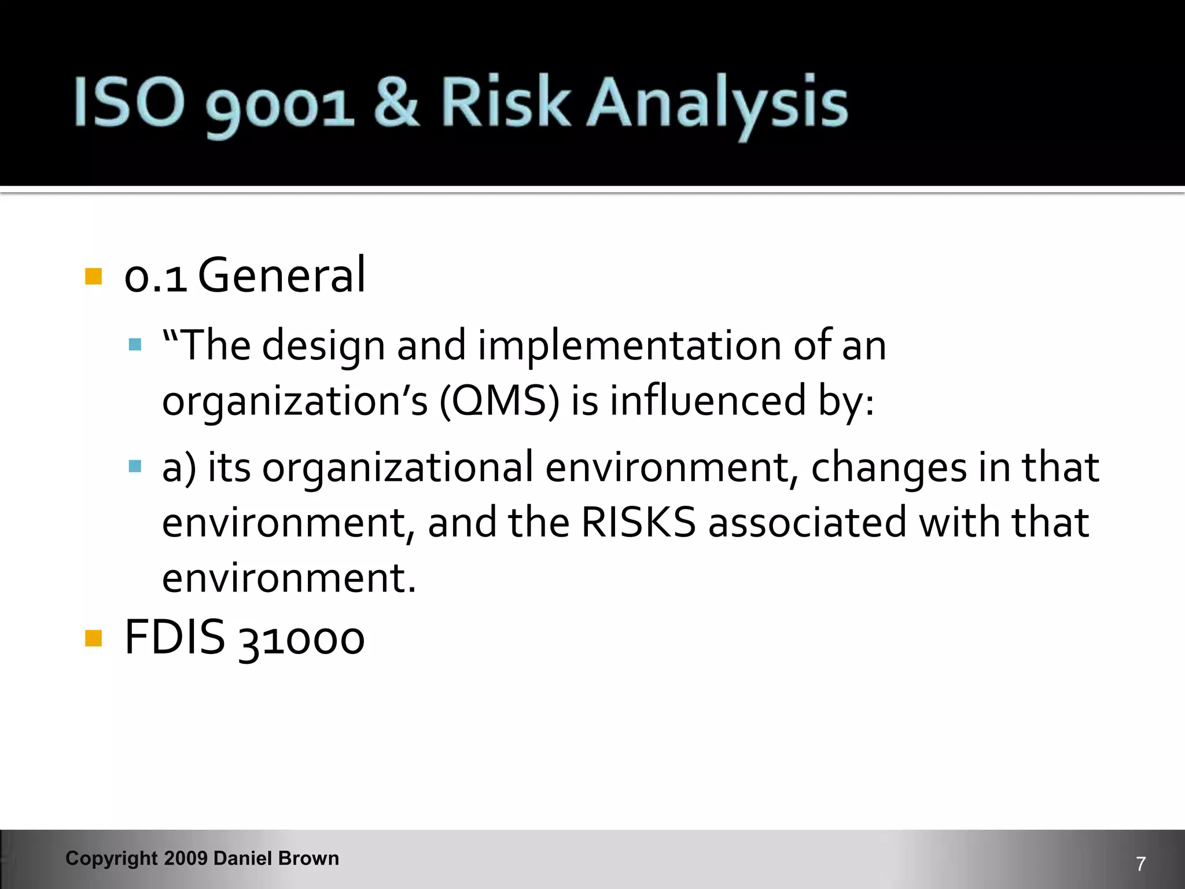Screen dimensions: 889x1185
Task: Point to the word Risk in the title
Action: [x=504, y=103]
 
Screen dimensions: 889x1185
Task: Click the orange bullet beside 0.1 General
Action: [x=93, y=276]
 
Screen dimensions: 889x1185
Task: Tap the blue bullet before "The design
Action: [x=135, y=345]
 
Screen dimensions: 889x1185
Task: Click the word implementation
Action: [x=629, y=346]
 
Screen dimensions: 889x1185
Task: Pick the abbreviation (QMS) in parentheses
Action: [x=499, y=401]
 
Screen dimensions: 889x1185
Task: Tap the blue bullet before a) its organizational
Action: [x=135, y=466]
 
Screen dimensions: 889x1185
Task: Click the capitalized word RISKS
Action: [x=638, y=522]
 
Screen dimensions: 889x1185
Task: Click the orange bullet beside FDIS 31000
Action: [x=93, y=639]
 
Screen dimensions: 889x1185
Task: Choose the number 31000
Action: [x=301, y=639]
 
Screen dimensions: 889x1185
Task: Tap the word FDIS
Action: [x=174, y=637]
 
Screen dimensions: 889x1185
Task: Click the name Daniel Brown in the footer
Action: [x=276, y=858]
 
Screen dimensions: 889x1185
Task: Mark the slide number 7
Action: [x=1140, y=864]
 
